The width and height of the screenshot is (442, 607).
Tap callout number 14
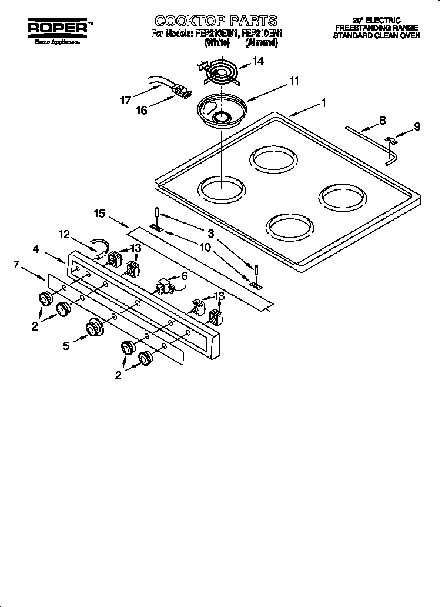tap(257, 61)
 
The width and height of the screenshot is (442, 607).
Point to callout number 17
tap(125, 100)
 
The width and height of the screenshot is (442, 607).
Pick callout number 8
tap(382, 121)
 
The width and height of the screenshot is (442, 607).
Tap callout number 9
tap(417, 126)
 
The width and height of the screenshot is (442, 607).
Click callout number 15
tap(99, 213)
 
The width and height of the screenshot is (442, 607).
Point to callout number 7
tap(16, 265)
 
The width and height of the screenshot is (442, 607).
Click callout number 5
tap(67, 346)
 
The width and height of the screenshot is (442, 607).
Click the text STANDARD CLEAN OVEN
tap(377, 35)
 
